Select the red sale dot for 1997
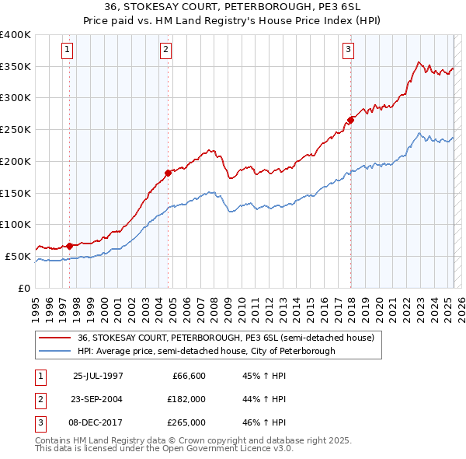click(70, 246)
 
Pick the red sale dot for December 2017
click(350, 120)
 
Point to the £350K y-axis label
click(16, 67)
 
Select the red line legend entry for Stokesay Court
click(226, 338)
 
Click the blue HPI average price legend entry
click(206, 351)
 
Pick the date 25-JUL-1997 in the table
click(98, 376)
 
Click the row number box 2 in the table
click(39, 399)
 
